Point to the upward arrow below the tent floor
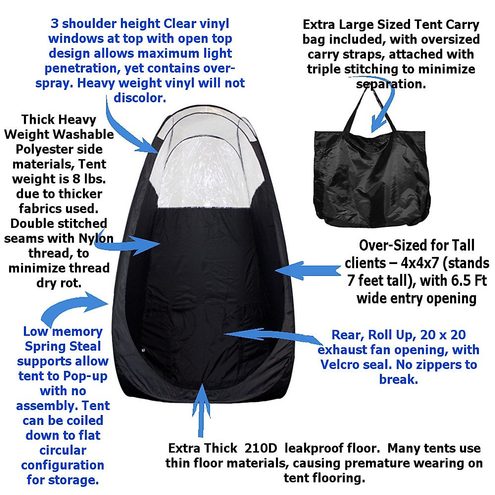point(201,408)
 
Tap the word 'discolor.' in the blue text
point(140,98)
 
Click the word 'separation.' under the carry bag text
point(391,84)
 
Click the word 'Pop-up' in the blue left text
point(85,376)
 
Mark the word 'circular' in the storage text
point(63,450)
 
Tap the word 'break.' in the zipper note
point(398,379)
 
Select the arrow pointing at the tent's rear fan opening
point(272,334)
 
